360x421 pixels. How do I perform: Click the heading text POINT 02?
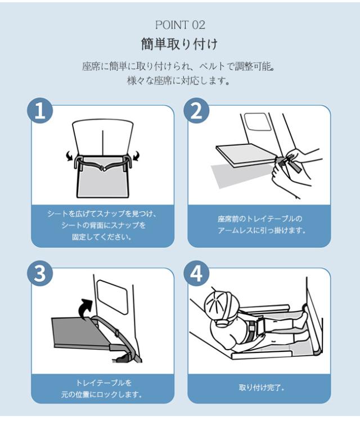(x=180, y=25)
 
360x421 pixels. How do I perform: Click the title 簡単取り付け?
(x=179, y=44)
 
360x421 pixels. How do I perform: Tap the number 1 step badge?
(x=40, y=111)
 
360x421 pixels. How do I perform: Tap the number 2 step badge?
(x=196, y=111)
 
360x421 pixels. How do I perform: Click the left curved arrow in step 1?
(x=69, y=156)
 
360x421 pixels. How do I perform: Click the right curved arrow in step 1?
(x=137, y=156)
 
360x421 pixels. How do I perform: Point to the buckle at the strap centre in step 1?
(x=103, y=169)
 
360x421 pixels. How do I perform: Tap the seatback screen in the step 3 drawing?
(x=112, y=297)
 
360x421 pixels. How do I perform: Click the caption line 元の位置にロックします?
(x=101, y=395)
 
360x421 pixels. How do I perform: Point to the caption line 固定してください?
(x=102, y=237)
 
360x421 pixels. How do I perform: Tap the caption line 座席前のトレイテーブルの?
(x=260, y=219)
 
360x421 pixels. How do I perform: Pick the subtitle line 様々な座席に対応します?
(x=178, y=80)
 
